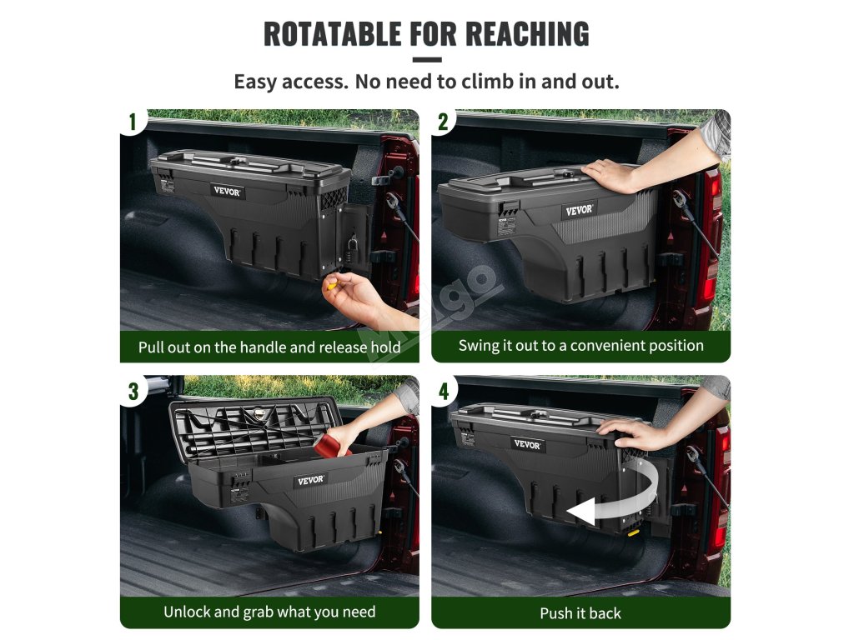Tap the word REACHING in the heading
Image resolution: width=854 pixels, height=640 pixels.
point(527,33)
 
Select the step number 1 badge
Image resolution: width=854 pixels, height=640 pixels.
point(133,122)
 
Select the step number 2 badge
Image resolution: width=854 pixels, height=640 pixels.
point(444,122)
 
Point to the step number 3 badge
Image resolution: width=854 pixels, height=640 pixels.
point(133,391)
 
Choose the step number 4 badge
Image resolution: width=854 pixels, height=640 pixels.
point(444,391)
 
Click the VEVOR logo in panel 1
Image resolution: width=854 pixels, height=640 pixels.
point(227,191)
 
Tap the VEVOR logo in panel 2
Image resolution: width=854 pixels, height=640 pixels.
point(579,210)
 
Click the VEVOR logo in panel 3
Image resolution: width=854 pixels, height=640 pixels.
point(311,481)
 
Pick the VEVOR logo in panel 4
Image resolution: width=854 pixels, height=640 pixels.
point(527,444)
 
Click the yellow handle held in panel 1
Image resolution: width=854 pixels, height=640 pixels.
point(332,284)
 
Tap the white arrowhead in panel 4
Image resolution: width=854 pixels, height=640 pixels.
point(580,512)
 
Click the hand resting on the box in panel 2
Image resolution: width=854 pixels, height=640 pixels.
point(610,174)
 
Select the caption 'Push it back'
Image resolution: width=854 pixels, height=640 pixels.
point(580,613)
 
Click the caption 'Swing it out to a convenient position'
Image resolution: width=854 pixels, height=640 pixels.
point(580,346)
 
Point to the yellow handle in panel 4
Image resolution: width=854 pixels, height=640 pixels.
point(634,532)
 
